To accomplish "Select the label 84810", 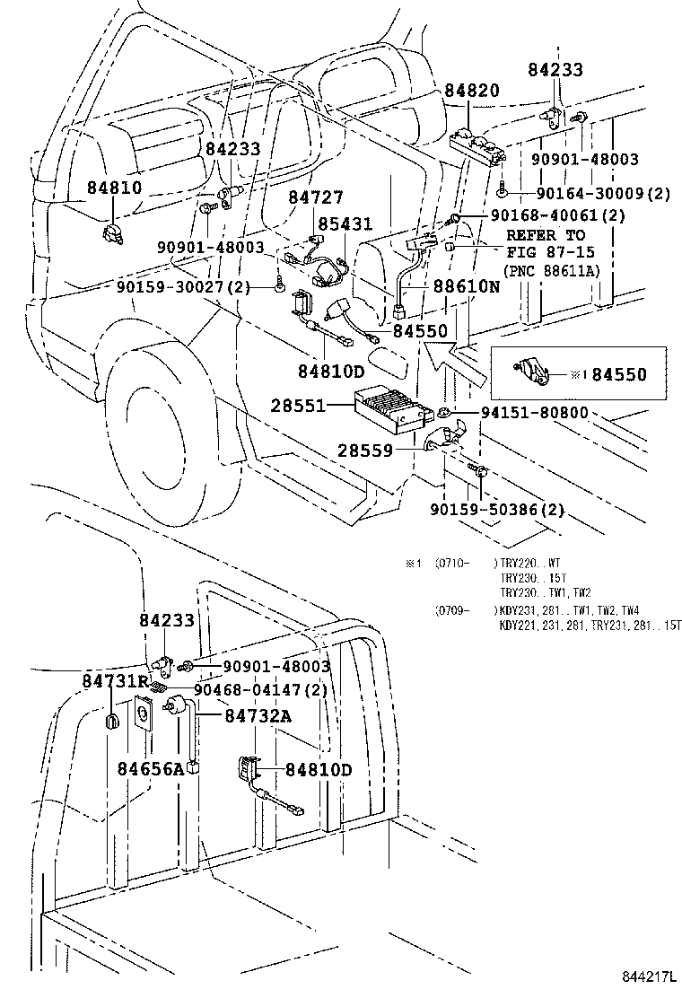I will (114, 188).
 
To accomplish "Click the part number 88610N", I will (466, 287).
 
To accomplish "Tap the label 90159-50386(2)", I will (497, 509).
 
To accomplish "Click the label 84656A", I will (151, 768).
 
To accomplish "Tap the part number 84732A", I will (258, 715).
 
